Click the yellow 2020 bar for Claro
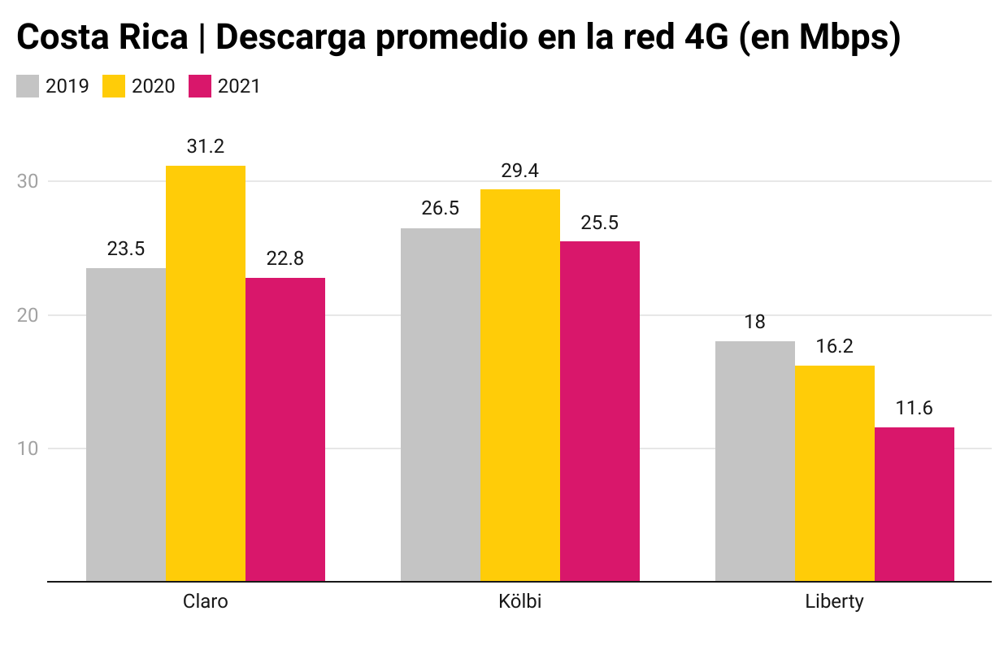coord(206,374)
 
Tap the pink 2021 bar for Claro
coord(285,430)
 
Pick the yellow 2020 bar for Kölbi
coord(520,385)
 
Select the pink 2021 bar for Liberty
coord(915,505)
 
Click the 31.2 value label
coord(206,147)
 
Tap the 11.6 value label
coord(915,409)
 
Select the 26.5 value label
coord(441,209)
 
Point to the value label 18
coord(755,322)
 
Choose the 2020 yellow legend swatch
coord(114,86)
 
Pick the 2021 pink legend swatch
coord(200,86)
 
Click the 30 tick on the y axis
coord(28,181)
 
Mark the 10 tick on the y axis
coord(28,448)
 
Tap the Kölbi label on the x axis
coord(520,603)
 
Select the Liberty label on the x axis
coord(835,603)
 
